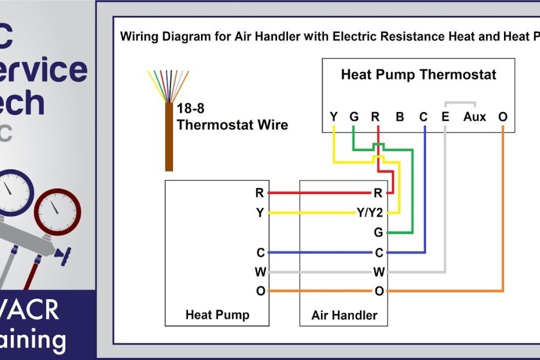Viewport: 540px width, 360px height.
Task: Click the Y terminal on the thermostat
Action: pyautogui.click(x=333, y=117)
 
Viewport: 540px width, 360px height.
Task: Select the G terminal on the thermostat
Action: pyautogui.click(x=354, y=117)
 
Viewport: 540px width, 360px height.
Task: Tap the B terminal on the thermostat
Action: pyautogui.click(x=399, y=117)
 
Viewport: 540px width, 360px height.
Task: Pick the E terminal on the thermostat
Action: pyautogui.click(x=445, y=117)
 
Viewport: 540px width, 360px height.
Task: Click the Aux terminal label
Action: pyautogui.click(x=474, y=117)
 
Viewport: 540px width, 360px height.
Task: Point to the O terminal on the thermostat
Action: pyautogui.click(x=502, y=117)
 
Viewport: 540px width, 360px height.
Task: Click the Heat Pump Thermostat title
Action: pyautogui.click(x=418, y=75)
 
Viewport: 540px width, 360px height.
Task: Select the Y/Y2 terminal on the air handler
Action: pyautogui.click(x=370, y=213)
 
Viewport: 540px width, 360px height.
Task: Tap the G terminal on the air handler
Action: pyautogui.click(x=379, y=233)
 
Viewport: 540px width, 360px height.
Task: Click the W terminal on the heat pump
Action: pyautogui.click(x=260, y=272)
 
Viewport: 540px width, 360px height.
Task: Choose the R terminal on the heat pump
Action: pyautogui.click(x=260, y=193)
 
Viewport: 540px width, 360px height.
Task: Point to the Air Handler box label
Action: pyautogui.click(x=344, y=315)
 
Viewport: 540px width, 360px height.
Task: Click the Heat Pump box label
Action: pyautogui.click(x=217, y=315)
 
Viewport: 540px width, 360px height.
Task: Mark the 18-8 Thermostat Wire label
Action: pyautogui.click(x=232, y=117)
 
